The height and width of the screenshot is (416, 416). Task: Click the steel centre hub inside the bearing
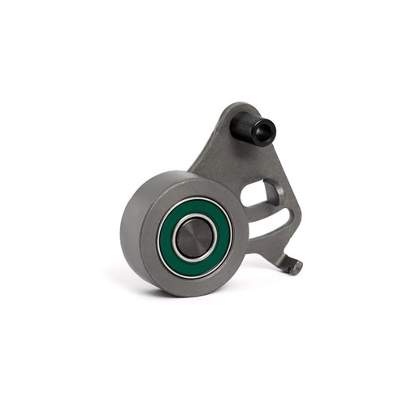[x=194, y=237]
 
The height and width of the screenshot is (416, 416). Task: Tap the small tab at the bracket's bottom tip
[x=293, y=265]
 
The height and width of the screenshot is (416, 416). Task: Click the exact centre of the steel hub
[x=194, y=237]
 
